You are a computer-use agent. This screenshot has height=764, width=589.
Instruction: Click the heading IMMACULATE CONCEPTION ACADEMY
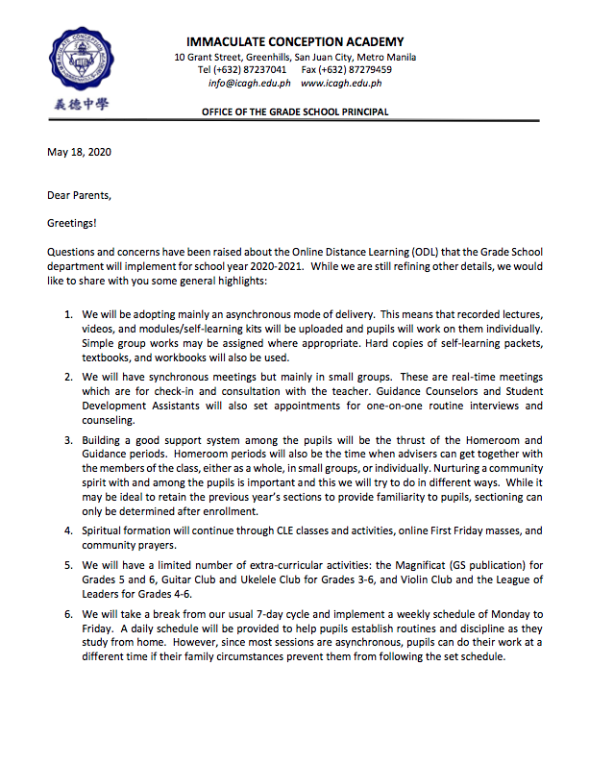click(295, 42)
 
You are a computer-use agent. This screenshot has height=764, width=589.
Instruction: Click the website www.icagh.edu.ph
click(341, 84)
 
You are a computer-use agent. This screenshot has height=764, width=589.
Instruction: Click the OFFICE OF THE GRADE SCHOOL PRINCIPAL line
click(295, 112)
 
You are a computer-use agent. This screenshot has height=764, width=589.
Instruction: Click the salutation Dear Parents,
click(80, 195)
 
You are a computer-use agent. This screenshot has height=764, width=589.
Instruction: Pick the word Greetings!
click(73, 223)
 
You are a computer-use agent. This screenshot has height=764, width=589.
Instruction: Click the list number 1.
click(67, 315)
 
